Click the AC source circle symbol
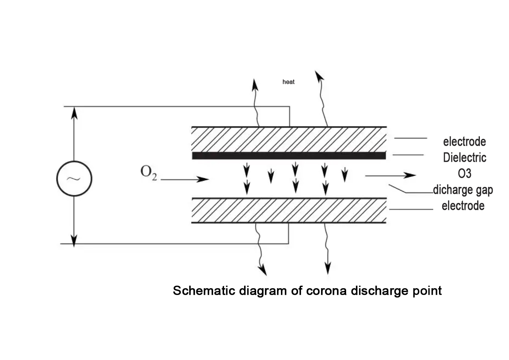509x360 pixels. [x=74, y=179]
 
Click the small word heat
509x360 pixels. [x=288, y=82]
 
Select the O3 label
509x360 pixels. [x=464, y=173]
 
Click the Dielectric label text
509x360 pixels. [x=465, y=157]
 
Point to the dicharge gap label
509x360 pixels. [x=463, y=190]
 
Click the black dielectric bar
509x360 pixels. [x=289, y=156]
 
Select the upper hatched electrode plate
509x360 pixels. [x=289, y=140]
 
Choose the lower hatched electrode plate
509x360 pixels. [x=289, y=211]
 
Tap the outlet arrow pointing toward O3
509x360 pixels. [x=390, y=176]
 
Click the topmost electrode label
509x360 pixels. [x=464, y=141]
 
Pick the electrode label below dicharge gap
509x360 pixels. [x=463, y=206]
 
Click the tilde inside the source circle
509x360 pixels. [x=74, y=179]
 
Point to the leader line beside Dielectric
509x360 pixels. [x=408, y=155]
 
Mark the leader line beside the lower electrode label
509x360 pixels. [x=411, y=209]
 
